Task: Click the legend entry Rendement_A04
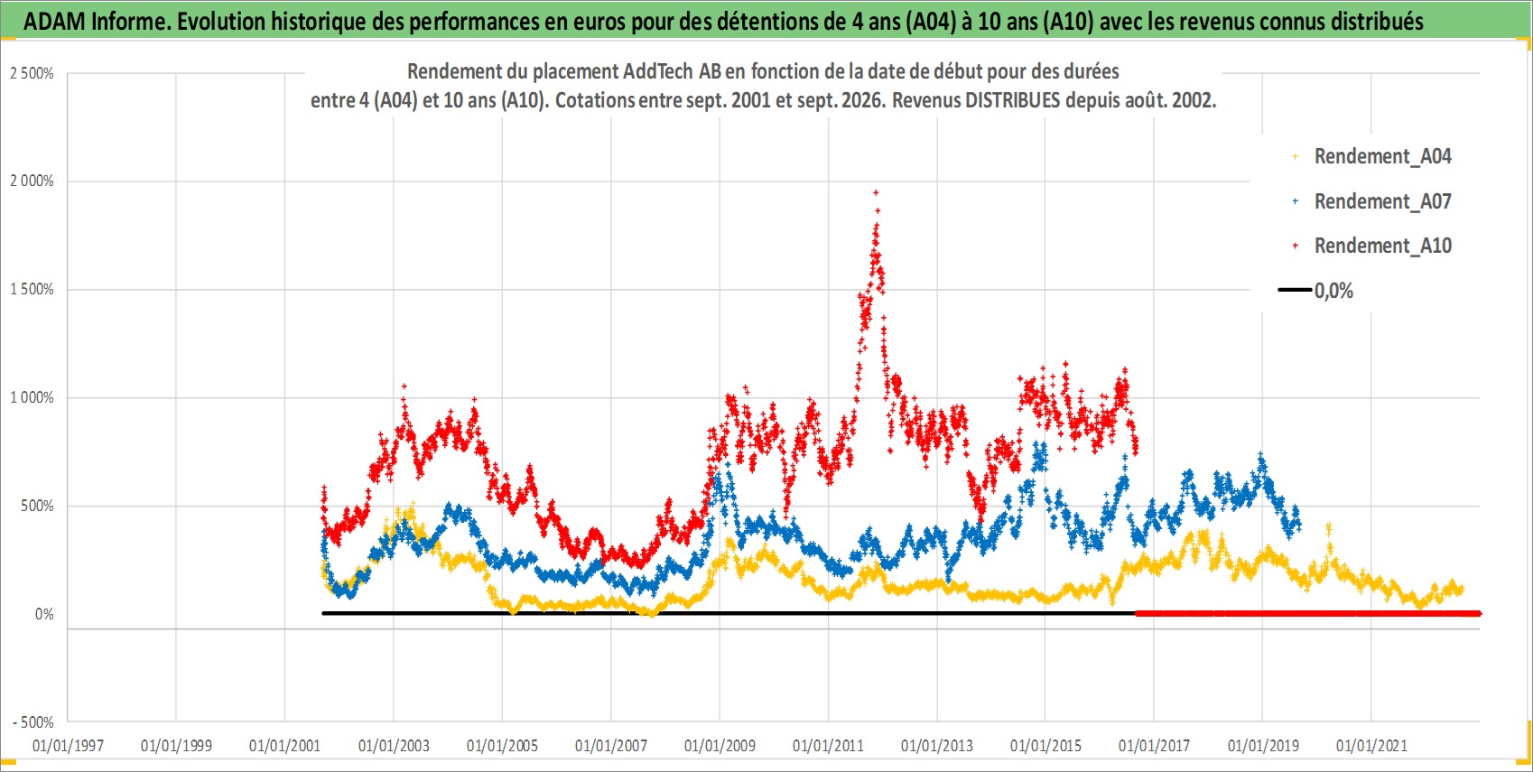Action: [1371, 157]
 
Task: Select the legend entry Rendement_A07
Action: [1371, 201]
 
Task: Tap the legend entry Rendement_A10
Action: [1371, 246]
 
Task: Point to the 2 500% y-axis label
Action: [32, 73]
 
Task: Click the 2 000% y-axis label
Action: [32, 181]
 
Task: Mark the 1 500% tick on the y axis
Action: [32, 289]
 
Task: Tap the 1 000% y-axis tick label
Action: [32, 397]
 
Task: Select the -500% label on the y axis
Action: [33, 722]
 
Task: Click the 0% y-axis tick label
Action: [44, 614]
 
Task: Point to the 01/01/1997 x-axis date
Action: [68, 745]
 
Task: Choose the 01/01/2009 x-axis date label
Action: [720, 745]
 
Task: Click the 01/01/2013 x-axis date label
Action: [937, 745]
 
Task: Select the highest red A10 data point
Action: [876, 193]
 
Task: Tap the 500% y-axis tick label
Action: [38, 506]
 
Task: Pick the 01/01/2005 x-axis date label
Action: [502, 745]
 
